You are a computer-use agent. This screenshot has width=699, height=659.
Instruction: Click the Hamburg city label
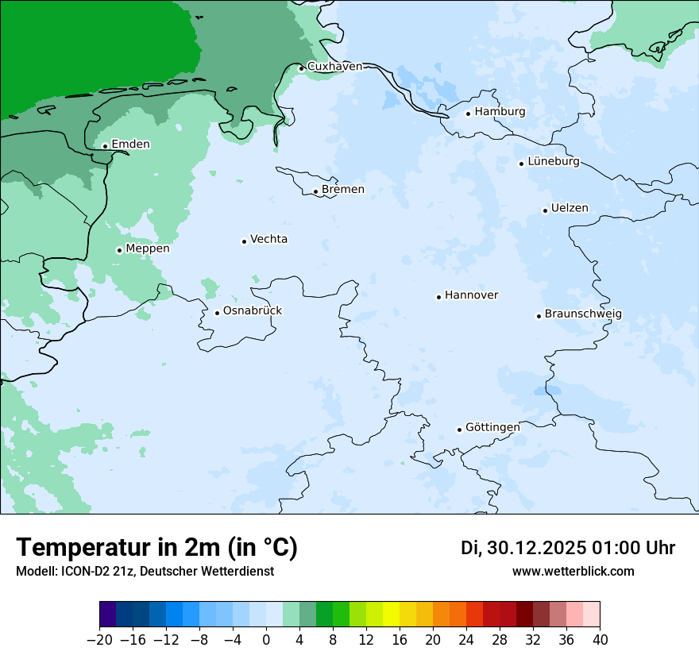pyautogui.click(x=500, y=112)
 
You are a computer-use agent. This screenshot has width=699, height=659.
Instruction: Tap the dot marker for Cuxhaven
pyautogui.click(x=301, y=68)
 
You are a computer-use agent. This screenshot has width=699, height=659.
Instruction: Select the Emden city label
pyautogui.click(x=130, y=145)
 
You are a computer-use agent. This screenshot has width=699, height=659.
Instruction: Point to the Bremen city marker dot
pyautogui.click(x=315, y=191)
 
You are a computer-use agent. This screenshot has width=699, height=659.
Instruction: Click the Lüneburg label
pyautogui.click(x=554, y=162)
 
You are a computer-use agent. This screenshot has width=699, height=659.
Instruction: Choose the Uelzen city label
pyautogui.click(x=570, y=209)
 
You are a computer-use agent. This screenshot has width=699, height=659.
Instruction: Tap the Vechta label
pyautogui.click(x=268, y=240)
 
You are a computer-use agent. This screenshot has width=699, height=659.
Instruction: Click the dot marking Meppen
pyautogui.click(x=119, y=250)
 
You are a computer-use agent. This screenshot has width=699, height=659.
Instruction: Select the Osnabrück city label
pyautogui.click(x=253, y=311)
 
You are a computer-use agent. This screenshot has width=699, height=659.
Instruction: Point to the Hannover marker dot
pyautogui.click(x=438, y=297)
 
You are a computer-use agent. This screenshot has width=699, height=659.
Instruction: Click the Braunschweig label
pyautogui.click(x=583, y=314)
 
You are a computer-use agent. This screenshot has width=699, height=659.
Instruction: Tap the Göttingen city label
pyautogui.click(x=492, y=428)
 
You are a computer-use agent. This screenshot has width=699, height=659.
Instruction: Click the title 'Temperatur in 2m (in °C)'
pyautogui.click(x=156, y=548)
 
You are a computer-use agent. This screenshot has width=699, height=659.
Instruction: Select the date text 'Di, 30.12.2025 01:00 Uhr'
pyautogui.click(x=568, y=548)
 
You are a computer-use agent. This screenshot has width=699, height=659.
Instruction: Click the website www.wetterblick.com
pyautogui.click(x=573, y=571)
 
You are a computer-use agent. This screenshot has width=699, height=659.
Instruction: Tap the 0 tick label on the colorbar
pyautogui.click(x=266, y=640)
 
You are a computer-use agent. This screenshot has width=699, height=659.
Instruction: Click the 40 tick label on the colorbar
pyautogui.click(x=600, y=640)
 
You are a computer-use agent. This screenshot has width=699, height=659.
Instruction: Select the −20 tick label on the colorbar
pyautogui.click(x=99, y=640)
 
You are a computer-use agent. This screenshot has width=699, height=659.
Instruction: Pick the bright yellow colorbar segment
pyautogui.click(x=391, y=615)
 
